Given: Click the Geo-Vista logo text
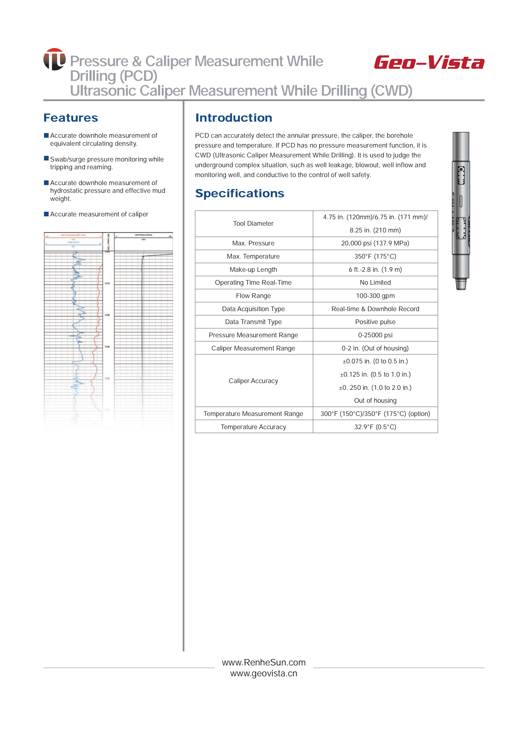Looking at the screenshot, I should click(x=429, y=62).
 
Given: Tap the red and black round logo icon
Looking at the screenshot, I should click(x=54, y=59).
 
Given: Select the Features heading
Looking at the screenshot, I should click(x=71, y=118).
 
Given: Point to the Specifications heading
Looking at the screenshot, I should click(x=240, y=193).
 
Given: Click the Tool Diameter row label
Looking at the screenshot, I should click(x=253, y=223).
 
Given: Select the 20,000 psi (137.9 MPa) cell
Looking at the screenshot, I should click(x=375, y=243).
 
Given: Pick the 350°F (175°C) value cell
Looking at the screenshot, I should click(x=375, y=256).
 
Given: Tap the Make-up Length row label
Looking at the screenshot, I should click(x=253, y=269).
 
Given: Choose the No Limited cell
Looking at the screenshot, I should click(x=375, y=282).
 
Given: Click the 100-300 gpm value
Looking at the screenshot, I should click(x=375, y=296).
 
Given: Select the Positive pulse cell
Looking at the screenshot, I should click(x=375, y=322).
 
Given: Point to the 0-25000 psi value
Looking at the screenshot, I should click(x=375, y=335).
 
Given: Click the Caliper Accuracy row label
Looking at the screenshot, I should click(x=253, y=381).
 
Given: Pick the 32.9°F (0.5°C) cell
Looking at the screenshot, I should click(x=375, y=427).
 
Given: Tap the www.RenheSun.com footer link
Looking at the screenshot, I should click(x=264, y=662).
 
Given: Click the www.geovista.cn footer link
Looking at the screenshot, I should click(x=264, y=673).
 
